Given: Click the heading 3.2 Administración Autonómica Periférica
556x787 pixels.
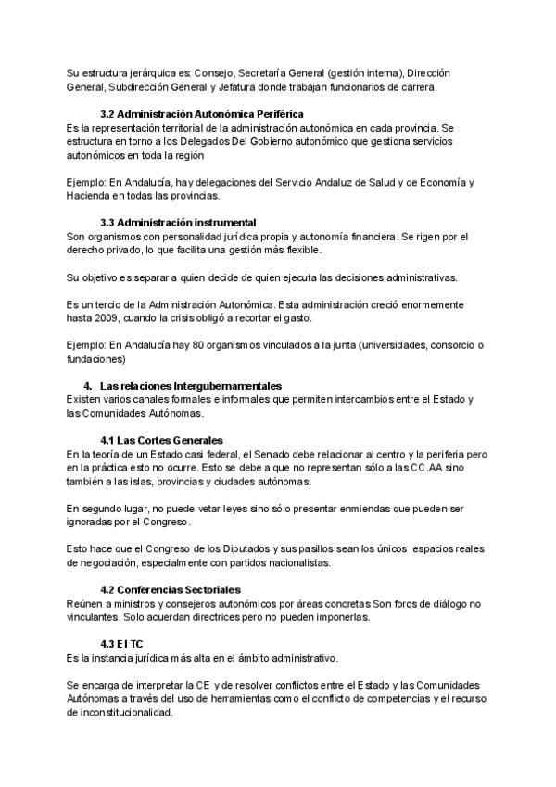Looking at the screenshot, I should (x=201, y=113).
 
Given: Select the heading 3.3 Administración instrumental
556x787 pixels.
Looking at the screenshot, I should (x=178, y=223).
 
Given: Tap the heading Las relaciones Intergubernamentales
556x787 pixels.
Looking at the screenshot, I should (x=191, y=385).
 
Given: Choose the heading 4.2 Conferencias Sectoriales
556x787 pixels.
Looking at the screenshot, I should (x=170, y=589).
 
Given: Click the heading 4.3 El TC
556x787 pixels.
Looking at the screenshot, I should (x=121, y=643).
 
